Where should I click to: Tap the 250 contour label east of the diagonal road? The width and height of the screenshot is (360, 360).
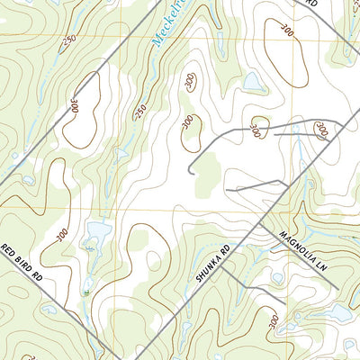point(139,110)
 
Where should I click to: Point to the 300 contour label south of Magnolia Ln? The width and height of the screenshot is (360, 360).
point(273,321)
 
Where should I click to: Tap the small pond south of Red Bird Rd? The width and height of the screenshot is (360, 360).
point(49,310)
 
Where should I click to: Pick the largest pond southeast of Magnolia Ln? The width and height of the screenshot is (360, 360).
point(337,311)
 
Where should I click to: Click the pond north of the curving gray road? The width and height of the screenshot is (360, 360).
point(254,83)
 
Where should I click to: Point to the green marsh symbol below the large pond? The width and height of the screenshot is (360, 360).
point(87,286)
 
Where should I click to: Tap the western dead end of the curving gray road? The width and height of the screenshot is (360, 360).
point(189,170)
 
